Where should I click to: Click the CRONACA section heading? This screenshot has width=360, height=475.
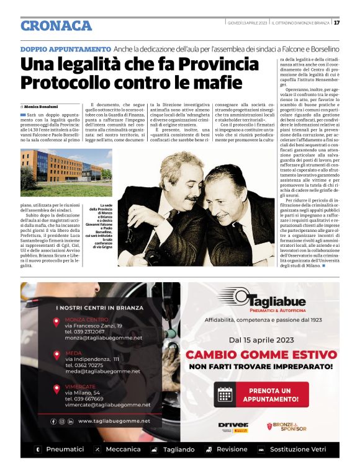[x=56, y=25]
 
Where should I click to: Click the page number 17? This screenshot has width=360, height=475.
[x=336, y=23]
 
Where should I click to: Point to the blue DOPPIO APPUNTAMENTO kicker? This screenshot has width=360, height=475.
[x=65, y=48]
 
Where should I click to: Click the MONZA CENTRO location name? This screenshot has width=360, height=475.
[x=87, y=319]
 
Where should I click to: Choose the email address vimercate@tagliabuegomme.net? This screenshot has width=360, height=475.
[x=107, y=404]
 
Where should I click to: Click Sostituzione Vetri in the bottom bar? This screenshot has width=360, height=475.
[x=303, y=449]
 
